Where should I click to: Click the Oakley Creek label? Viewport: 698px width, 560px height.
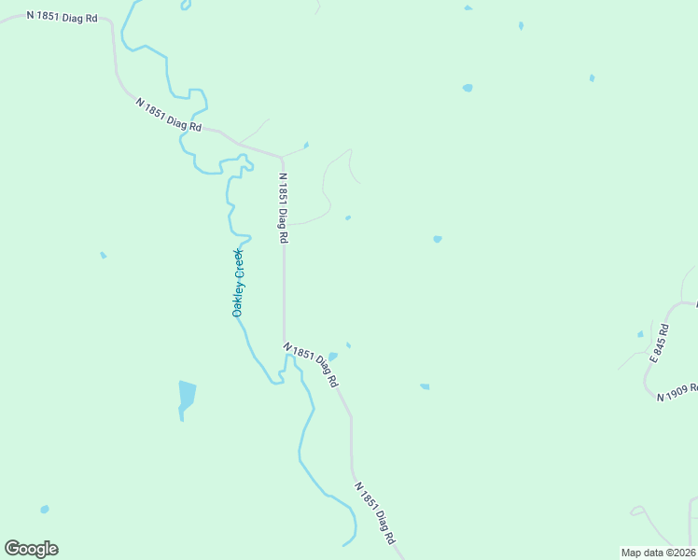click(x=238, y=283)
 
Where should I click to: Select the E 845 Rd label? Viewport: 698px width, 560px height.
click(x=661, y=343)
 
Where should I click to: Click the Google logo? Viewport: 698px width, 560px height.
click(x=31, y=549)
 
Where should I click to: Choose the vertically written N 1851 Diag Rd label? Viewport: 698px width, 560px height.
click(x=282, y=208)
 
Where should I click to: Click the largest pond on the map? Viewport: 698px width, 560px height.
click(x=187, y=395)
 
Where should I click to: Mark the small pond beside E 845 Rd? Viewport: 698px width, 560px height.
click(x=640, y=334)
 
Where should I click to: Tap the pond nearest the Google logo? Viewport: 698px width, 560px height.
click(x=44, y=510)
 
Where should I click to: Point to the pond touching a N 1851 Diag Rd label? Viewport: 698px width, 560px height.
click(x=332, y=357)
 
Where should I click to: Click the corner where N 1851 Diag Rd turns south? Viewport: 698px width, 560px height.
click(x=282, y=156)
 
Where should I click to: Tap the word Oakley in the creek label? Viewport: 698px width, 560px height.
click(x=238, y=301)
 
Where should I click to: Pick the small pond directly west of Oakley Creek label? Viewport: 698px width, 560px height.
click(x=103, y=255)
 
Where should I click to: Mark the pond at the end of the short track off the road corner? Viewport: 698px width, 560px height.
click(x=306, y=145)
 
